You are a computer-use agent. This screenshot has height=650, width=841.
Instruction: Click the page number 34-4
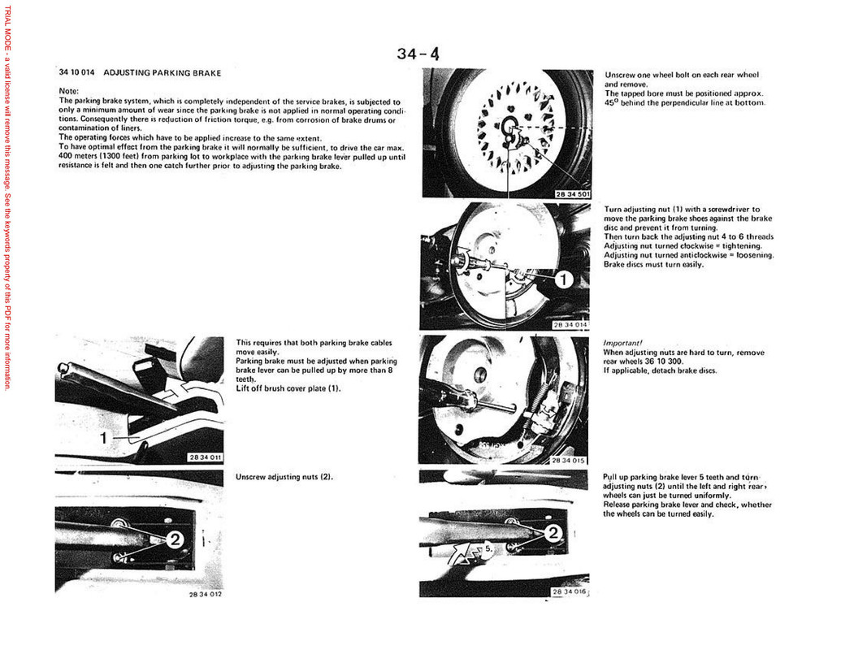coord(418,54)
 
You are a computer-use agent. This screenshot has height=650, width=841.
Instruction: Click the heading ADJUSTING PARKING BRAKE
coord(163,73)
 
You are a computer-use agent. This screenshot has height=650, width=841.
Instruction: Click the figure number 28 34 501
coord(573,194)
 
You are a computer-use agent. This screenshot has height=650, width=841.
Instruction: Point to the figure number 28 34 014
coord(570,324)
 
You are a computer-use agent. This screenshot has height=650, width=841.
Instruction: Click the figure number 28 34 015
coord(568,461)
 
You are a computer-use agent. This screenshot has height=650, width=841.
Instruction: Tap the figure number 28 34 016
coord(569,592)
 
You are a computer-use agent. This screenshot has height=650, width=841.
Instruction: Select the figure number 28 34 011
coord(204,457)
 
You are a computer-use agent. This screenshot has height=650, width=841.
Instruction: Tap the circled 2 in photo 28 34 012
coord(175,540)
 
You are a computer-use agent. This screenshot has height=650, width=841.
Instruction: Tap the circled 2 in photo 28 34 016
coord(553,533)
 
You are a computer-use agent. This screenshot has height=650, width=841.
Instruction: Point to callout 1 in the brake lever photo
coord(103,438)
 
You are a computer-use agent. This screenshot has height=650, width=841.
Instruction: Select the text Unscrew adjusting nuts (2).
coord(284,477)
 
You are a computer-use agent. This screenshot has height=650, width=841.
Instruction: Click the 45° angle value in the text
coord(611,102)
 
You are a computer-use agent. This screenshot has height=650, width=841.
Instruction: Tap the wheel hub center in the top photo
coord(510,128)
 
